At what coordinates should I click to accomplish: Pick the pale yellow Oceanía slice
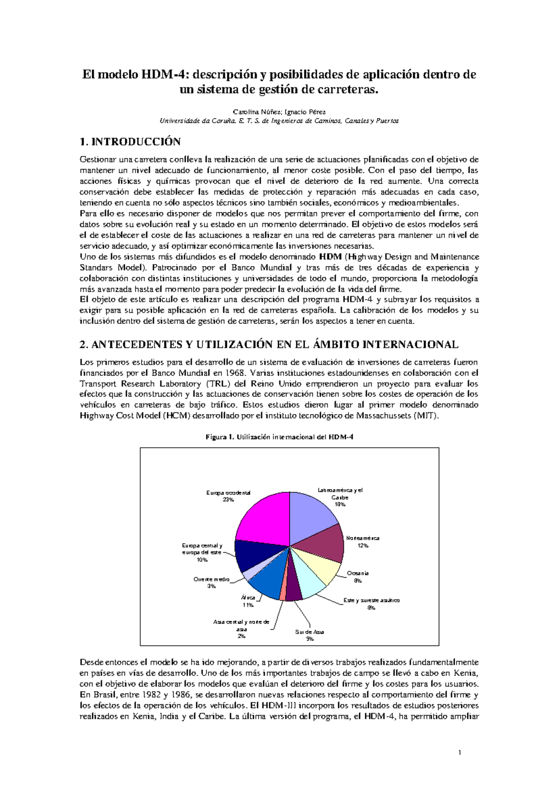pos(321,569)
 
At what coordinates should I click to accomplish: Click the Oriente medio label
pos(211,579)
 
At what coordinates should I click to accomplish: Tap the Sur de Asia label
pos(309,632)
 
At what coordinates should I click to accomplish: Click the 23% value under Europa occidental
pos(228,500)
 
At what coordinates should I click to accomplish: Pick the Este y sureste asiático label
pos(371,600)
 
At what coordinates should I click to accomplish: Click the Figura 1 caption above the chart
pos(279,437)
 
